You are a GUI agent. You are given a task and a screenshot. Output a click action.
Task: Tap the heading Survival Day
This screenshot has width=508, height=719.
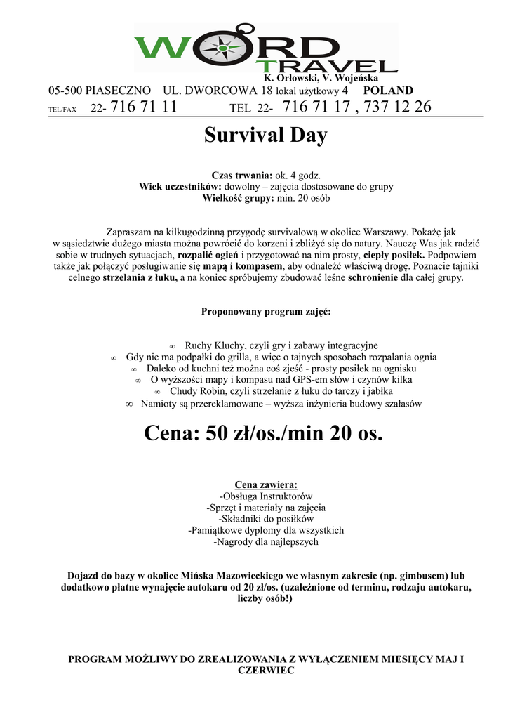(x=265, y=135)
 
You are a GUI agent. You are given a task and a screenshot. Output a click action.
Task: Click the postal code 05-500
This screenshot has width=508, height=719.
(x=65, y=91)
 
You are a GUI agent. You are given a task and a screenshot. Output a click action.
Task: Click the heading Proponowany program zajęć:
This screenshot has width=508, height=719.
(x=267, y=311)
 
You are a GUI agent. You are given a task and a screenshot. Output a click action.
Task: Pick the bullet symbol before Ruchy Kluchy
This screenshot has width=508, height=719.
(x=173, y=346)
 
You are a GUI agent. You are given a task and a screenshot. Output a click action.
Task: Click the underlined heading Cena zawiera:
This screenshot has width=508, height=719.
(x=266, y=484)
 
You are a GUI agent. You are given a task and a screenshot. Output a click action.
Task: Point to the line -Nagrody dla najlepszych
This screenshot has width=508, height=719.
(x=266, y=542)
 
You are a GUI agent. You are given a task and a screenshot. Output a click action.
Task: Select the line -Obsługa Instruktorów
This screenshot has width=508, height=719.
(x=266, y=496)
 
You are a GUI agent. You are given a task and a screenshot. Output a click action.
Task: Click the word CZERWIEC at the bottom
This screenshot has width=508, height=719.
(x=266, y=671)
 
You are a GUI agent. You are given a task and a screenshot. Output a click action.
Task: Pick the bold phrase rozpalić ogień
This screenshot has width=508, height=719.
(x=210, y=254)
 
